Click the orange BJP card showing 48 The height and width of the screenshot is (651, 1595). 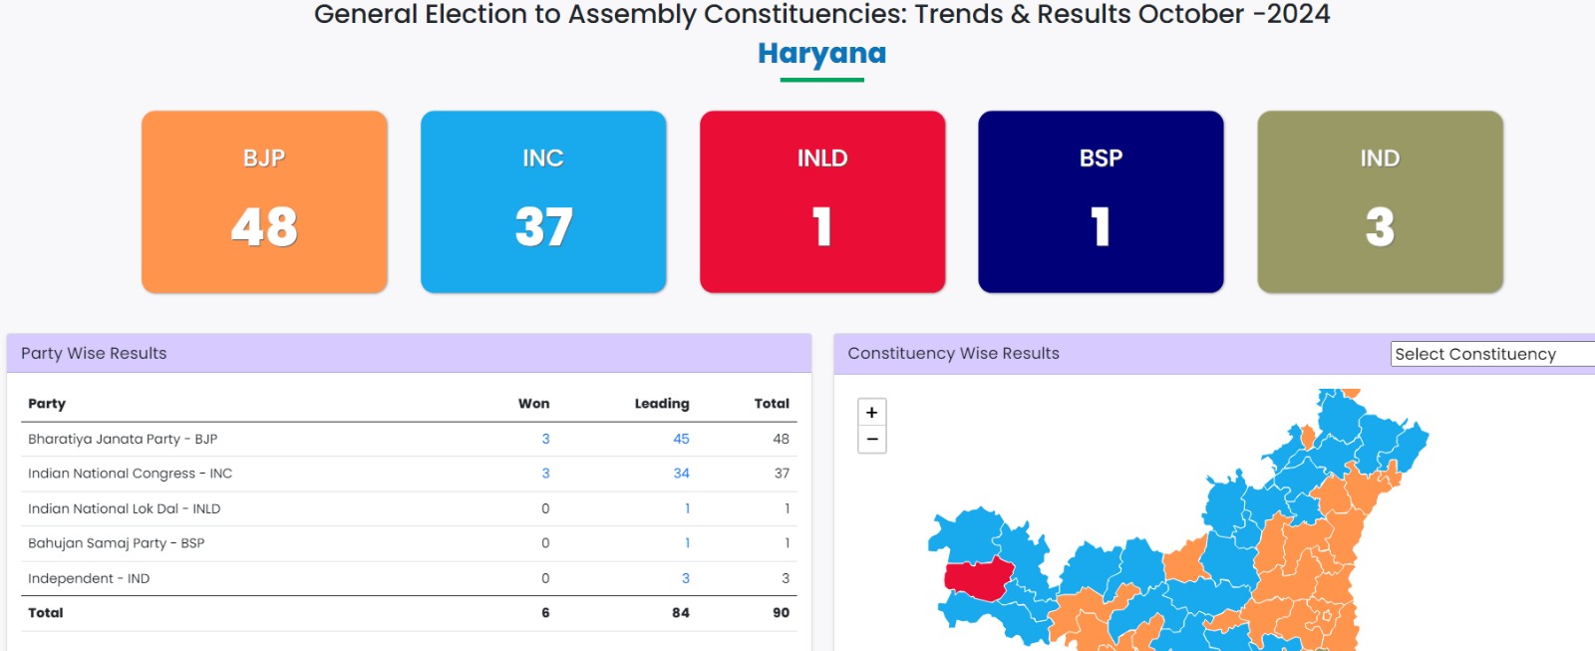pyautogui.click(x=264, y=201)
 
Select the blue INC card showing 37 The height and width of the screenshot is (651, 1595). pyautogui.click(x=543, y=201)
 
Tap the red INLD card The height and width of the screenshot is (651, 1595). pyautogui.click(x=822, y=201)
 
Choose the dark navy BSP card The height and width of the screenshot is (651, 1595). pyautogui.click(x=1101, y=201)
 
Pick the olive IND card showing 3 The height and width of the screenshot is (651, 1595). pyautogui.click(x=1380, y=201)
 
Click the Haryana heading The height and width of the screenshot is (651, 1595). pyautogui.click(x=821, y=54)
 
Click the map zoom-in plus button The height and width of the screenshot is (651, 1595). pyautogui.click(x=871, y=413)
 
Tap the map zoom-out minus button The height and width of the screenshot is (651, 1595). pyautogui.click(x=871, y=440)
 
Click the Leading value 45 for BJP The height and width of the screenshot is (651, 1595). pyautogui.click(x=681, y=439)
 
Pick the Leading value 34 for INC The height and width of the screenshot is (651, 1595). pyautogui.click(x=681, y=473)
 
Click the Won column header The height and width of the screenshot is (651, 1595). pyautogui.click(x=533, y=403)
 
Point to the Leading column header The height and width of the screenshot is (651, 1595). pyautogui.click(x=662, y=404)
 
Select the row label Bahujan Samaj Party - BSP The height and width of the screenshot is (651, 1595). pyautogui.click(x=116, y=542)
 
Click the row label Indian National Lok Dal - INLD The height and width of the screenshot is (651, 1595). pyautogui.click(x=124, y=508)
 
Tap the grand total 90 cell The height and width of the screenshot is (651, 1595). pyautogui.click(x=781, y=612)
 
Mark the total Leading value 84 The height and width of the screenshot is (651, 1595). pyautogui.click(x=680, y=612)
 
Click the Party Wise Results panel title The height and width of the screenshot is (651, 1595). pyautogui.click(x=94, y=353)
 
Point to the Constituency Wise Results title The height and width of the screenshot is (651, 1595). pyautogui.click(x=953, y=353)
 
